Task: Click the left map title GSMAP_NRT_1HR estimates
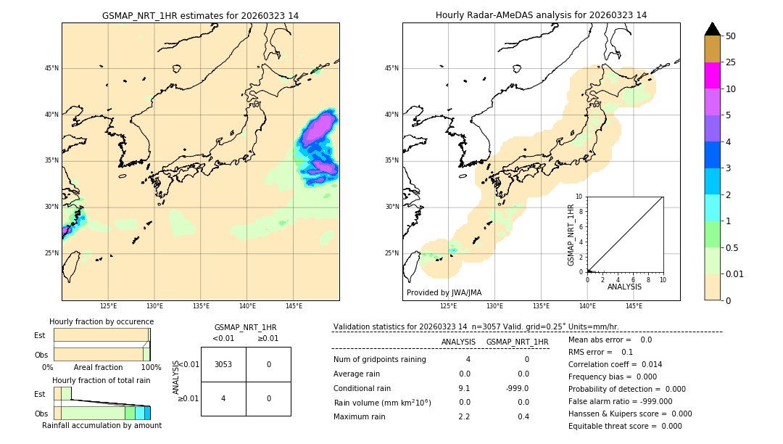[200, 15]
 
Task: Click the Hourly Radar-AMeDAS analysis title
[541, 15]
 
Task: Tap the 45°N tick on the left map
[51, 68]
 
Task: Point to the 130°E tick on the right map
[495, 306]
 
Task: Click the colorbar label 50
[731, 36]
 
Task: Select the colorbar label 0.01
[735, 274]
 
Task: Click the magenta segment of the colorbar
[712, 75]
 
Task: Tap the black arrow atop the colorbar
[712, 29]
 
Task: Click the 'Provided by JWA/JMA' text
[444, 292]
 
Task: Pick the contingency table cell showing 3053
[223, 364]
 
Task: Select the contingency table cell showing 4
[223, 398]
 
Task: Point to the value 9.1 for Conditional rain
[464, 387]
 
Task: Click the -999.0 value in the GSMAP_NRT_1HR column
[518, 387]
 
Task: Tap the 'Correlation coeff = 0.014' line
[615, 364]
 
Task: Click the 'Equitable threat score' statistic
[625, 426]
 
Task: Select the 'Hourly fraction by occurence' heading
[101, 321]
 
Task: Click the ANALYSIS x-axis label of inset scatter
[624, 287]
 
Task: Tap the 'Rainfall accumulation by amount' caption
[101, 425]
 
